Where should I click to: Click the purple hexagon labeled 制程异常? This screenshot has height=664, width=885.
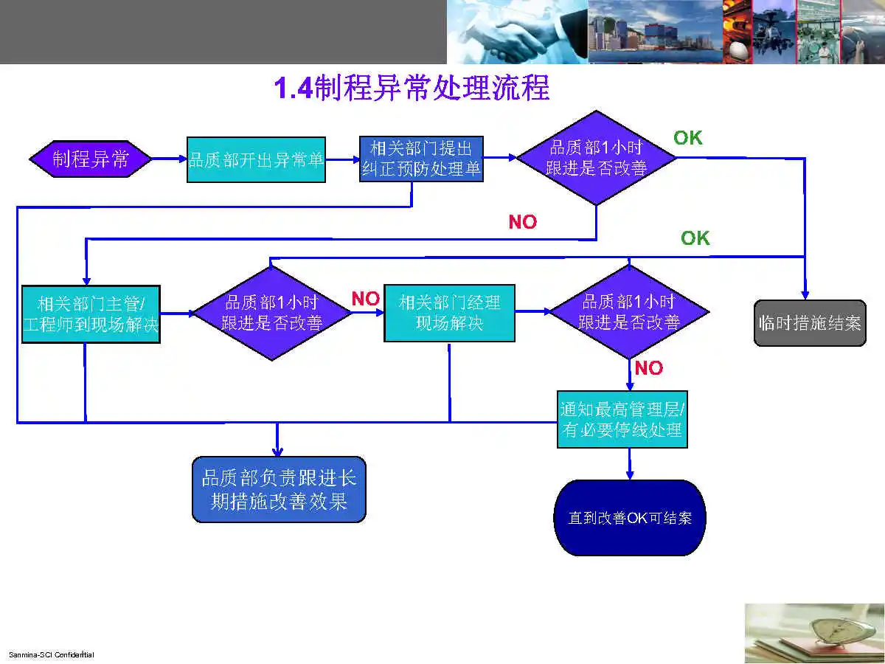pos(90,159)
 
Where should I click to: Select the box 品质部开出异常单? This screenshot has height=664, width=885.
pos(256,159)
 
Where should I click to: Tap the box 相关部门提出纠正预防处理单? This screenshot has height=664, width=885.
pos(421,159)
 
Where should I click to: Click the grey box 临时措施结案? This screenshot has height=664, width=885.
pos(809,322)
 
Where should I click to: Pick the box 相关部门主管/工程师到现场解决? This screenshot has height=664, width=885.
pos(91,314)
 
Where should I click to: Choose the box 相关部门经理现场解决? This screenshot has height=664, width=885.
pos(449,313)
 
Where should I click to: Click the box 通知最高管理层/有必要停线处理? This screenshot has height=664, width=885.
pos(622,419)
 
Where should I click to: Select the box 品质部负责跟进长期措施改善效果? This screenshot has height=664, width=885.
pos(279,489)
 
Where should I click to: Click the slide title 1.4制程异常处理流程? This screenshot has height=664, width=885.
pos(412,89)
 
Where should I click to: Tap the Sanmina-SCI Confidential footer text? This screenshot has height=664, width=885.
pos(51,655)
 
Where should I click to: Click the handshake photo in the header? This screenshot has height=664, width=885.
pos(516,32)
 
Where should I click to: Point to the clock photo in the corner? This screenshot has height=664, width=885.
pos(814,633)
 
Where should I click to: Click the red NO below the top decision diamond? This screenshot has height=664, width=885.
pos(523,222)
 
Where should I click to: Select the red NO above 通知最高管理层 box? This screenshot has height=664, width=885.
pos(649,368)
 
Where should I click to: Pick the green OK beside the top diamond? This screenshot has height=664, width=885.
pos(688,138)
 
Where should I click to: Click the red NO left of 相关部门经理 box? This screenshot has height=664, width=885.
pos(365,299)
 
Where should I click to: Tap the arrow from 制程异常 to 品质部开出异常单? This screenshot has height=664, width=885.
pos(169,159)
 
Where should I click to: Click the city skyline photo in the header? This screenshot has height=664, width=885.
pos(655,32)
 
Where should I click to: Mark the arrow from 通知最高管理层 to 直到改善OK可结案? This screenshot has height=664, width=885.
pos(630,464)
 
